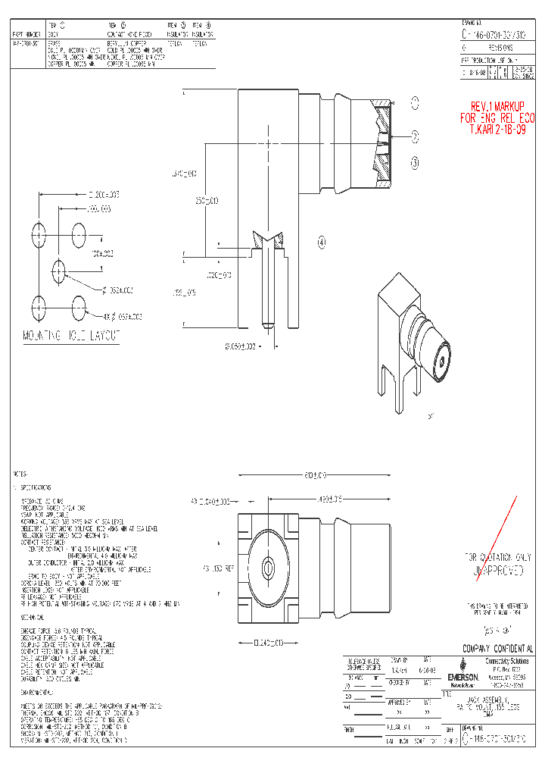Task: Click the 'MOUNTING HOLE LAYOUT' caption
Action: tap(70, 336)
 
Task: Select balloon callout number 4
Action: tap(322, 243)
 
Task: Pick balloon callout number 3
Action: tap(415, 161)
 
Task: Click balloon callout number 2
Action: tap(415, 136)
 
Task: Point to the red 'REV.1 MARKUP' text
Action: tap(497, 106)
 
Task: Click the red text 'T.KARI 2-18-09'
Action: tap(497, 130)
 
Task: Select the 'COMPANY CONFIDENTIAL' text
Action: tap(497, 650)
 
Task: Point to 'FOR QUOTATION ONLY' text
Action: tap(497, 558)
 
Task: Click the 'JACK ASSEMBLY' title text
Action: tap(490, 699)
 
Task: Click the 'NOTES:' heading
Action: tap(23, 474)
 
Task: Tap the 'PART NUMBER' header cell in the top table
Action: tap(27, 34)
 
